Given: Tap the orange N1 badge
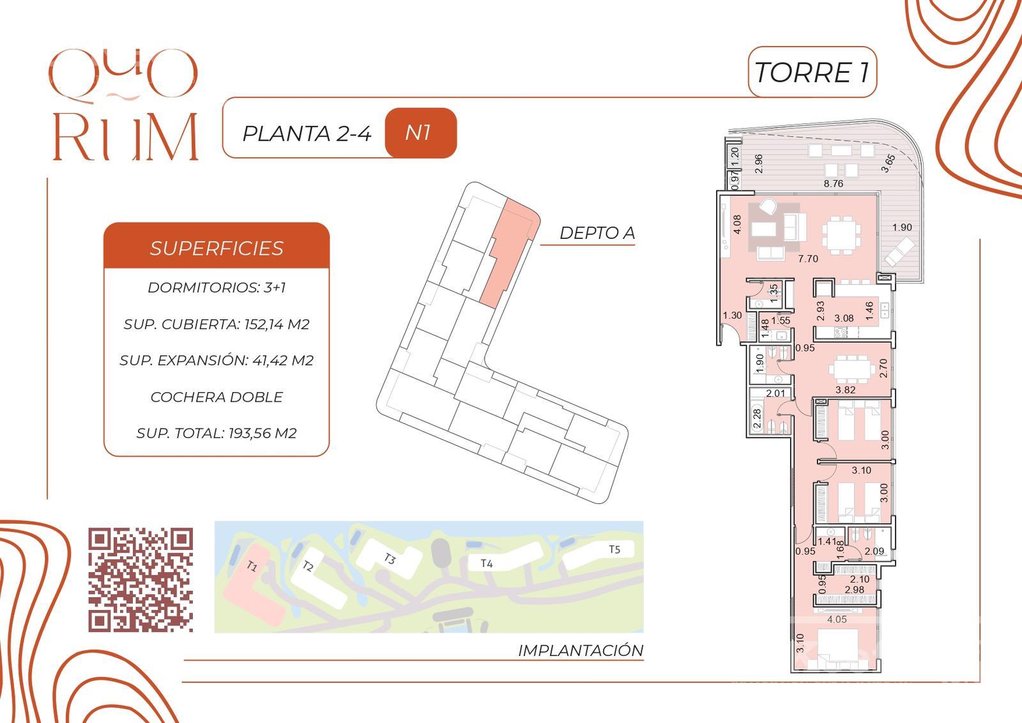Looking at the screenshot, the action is click(420, 133).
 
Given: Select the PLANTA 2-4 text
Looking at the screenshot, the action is click(307, 133).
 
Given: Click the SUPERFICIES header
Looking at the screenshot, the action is click(217, 248).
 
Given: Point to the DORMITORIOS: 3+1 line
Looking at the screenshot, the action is click(217, 287).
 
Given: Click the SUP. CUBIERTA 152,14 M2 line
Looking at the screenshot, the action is click(217, 324).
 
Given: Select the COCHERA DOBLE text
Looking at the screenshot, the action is click(217, 397).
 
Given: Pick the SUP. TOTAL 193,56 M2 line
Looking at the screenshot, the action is click(217, 433).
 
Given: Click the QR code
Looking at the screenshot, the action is click(141, 580).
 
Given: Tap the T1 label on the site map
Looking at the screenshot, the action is click(252, 567).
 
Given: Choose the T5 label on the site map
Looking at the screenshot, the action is click(614, 549).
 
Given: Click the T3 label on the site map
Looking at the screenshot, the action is click(389, 558).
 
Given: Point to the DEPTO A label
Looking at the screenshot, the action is click(597, 232).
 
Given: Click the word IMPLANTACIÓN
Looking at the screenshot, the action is click(581, 650).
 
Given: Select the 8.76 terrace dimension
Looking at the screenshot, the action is click(834, 183).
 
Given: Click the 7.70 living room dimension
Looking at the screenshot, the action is click(808, 259).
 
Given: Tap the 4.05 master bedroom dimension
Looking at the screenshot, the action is click(837, 619).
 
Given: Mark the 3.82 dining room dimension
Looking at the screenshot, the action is click(846, 390).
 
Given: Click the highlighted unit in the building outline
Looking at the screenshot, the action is click(508, 252).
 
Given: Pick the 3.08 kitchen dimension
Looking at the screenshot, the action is click(844, 318).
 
